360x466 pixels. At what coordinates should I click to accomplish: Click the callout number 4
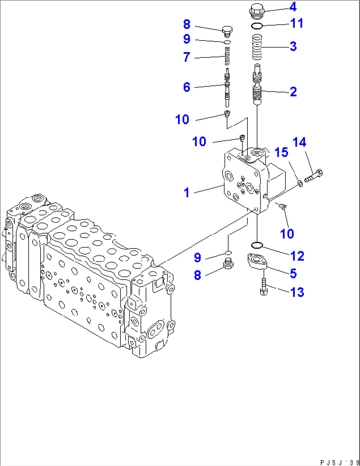[293, 7]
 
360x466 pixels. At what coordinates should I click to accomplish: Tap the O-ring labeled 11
[257, 26]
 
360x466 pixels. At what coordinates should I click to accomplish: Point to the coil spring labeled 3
[257, 47]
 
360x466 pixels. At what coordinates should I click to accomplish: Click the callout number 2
[293, 92]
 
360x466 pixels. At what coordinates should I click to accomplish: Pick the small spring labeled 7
[227, 56]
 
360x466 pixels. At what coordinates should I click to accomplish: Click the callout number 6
[187, 87]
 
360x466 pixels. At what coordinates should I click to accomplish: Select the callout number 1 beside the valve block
[187, 192]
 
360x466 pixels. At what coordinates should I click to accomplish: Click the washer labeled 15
[300, 183]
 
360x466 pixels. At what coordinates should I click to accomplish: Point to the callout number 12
[297, 256]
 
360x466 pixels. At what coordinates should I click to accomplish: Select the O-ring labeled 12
[257, 245]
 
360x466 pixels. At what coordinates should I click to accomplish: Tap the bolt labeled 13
[264, 286]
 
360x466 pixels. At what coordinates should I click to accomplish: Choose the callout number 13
[297, 292]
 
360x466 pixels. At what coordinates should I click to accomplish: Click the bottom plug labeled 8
[228, 264]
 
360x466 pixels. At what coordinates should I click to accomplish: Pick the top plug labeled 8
[227, 31]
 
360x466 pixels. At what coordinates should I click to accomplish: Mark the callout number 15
[281, 152]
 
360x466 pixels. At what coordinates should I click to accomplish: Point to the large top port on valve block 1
[257, 152]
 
